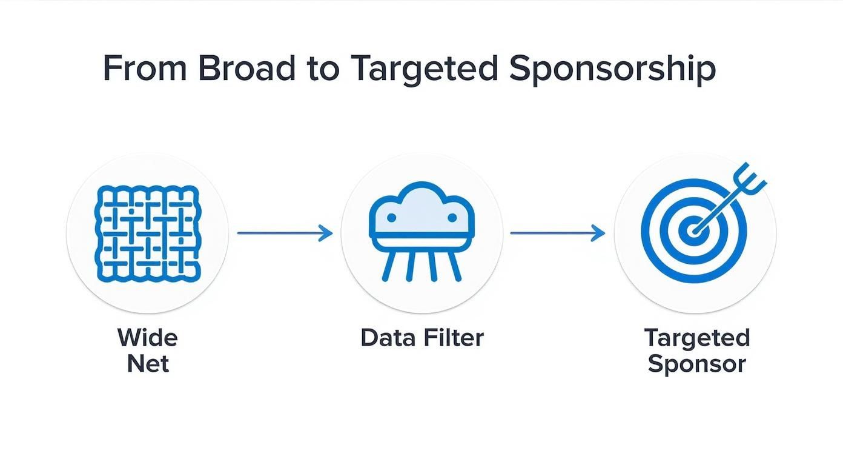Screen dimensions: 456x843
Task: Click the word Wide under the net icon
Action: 147,337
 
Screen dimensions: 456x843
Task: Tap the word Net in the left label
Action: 148,364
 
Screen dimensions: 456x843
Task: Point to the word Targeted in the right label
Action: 696,337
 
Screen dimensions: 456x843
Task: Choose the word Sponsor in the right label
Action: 696,364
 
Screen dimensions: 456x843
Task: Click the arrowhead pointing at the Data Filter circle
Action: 328,233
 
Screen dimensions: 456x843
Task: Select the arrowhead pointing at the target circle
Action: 600,233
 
